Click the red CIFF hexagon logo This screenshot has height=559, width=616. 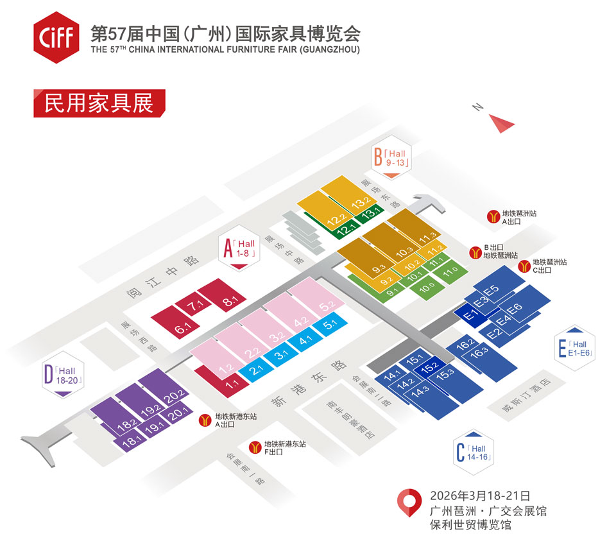(56, 37)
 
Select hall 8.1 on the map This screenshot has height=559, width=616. (222, 295)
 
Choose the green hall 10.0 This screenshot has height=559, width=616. (427, 288)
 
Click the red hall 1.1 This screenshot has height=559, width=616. (222, 381)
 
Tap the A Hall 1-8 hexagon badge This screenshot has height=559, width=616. (239, 249)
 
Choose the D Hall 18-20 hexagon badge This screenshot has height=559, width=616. (63, 375)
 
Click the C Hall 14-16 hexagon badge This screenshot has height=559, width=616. (474, 452)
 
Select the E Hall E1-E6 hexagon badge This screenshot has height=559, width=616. (575, 348)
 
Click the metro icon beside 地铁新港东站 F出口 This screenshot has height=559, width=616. (255, 447)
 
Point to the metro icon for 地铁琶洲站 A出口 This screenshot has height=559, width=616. (493, 216)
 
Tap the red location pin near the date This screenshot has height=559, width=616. (409, 503)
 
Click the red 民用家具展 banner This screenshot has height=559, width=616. (99, 103)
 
